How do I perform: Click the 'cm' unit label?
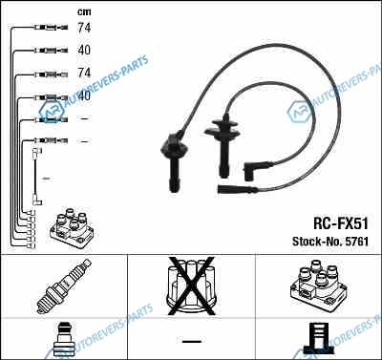pyautogui.click(x=84, y=12)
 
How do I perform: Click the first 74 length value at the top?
pyautogui.click(x=84, y=28)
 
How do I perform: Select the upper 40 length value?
pyautogui.click(x=84, y=50)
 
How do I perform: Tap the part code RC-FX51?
pyautogui.click(x=341, y=223)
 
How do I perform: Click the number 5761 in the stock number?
pyautogui.click(x=357, y=242)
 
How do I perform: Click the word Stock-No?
pyautogui.click(x=317, y=242)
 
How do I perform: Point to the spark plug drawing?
pyautogui.click(x=64, y=286)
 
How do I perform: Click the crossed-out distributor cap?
pyautogui.click(x=191, y=286)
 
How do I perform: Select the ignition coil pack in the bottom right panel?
pyautogui.click(x=318, y=285)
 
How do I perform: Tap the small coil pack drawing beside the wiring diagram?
pyautogui.click(x=72, y=228)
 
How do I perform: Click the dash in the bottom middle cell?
pyautogui.click(x=192, y=342)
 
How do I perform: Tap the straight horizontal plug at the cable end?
pyautogui.click(x=237, y=189)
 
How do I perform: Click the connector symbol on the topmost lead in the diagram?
pyautogui.click(x=52, y=28)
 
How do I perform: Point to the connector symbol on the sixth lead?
pyautogui.click(x=52, y=140)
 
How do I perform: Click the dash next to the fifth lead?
pyautogui.click(x=84, y=118)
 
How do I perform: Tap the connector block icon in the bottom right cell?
pyautogui.click(x=319, y=338)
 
